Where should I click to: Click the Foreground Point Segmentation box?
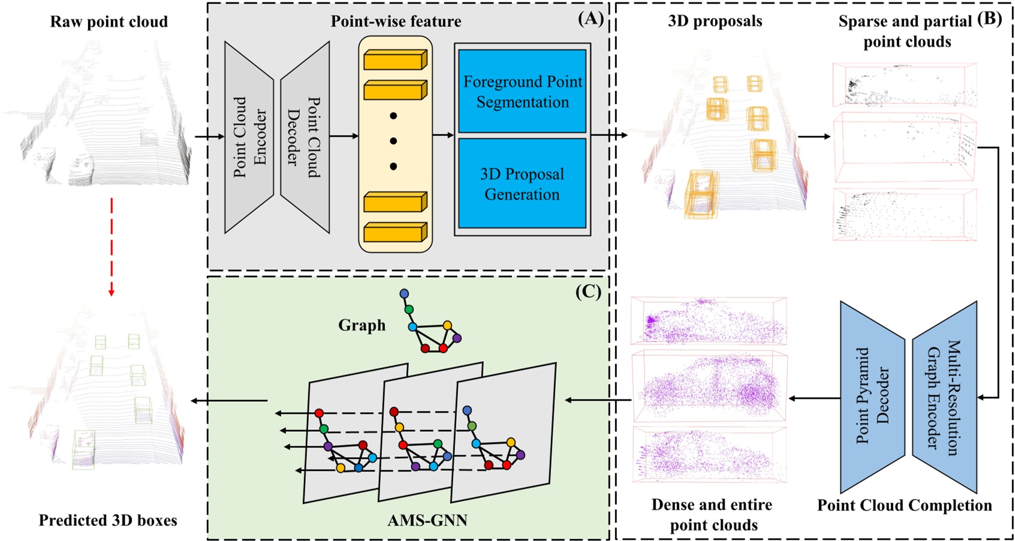[522, 91]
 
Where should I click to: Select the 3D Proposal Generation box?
[522, 184]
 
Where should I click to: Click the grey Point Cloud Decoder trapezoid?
[305, 137]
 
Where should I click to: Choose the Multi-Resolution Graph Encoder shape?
[945, 396]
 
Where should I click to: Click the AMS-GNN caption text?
[427, 519]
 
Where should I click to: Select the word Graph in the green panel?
[362, 325]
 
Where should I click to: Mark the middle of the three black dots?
[393, 141]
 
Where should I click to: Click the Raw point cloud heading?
[109, 22]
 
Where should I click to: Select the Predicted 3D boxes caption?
[108, 520]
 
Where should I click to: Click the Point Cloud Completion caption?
[904, 505]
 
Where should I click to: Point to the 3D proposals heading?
[715, 22]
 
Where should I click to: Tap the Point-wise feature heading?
[396, 22]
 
